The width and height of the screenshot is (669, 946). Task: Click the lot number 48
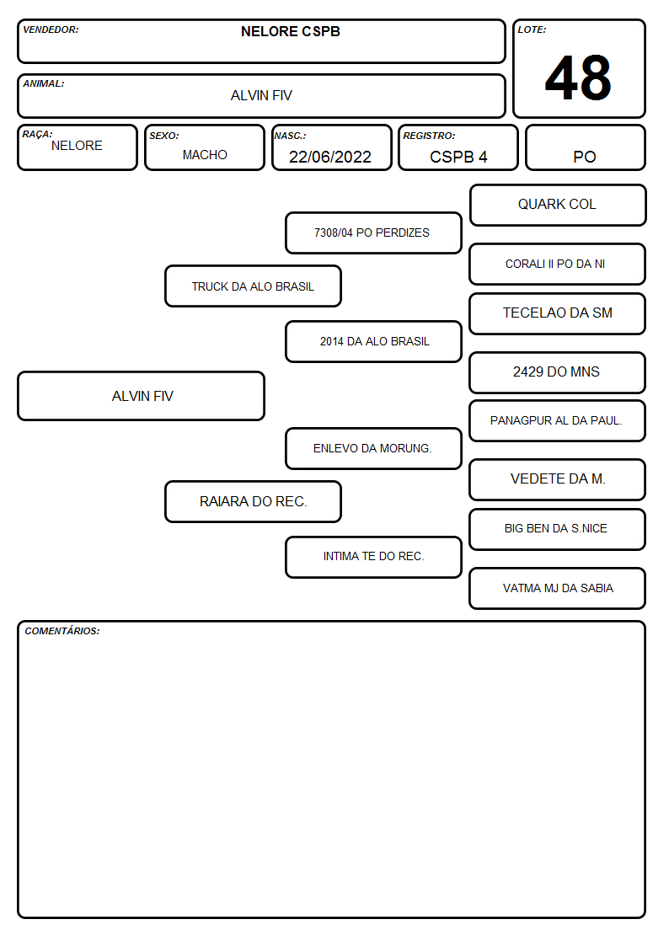[x=578, y=77]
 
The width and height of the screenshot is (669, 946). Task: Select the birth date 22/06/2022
[x=330, y=157]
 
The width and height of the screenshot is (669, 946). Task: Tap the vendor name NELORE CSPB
[x=290, y=31]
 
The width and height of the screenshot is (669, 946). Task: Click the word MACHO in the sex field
[x=205, y=155]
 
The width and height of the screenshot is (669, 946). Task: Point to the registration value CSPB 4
[x=458, y=157]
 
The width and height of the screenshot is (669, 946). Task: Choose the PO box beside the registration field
[x=585, y=147]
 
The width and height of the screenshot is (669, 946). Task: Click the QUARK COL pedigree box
[x=558, y=206]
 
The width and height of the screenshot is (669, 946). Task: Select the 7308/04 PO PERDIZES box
[x=373, y=232]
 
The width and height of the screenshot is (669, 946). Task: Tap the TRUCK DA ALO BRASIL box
[x=253, y=286]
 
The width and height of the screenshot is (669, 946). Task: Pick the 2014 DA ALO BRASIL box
[x=373, y=341]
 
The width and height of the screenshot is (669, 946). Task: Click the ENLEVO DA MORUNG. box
[x=373, y=448]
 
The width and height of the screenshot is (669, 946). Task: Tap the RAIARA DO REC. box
[x=253, y=501]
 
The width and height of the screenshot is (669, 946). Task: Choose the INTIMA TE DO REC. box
[x=373, y=557]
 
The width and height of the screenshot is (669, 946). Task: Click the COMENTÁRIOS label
[x=62, y=631]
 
